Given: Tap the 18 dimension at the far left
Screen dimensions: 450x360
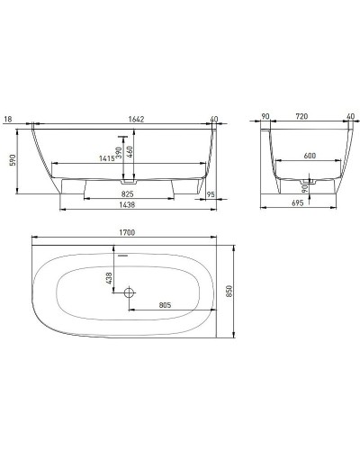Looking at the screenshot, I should pyautogui.click(x=7, y=118).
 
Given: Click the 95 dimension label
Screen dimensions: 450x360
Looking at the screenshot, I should pyautogui.click(x=209, y=193).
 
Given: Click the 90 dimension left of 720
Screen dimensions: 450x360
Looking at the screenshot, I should pyautogui.click(x=267, y=118).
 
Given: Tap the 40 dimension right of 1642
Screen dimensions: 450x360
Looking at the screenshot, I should pyautogui.click(x=214, y=118).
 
